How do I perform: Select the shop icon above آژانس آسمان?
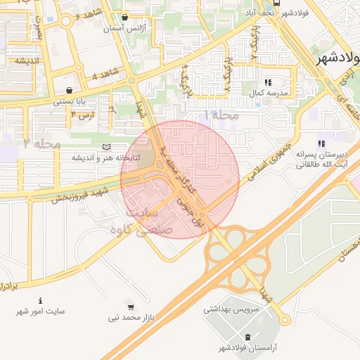[125, 18]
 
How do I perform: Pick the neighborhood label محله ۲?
[42, 143]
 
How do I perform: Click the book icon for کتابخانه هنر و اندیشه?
[106, 146]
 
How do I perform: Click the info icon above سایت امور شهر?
[40, 300]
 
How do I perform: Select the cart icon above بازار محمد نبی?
[131, 307]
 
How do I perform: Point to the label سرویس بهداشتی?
[232, 309]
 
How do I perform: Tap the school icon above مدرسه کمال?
[269, 82]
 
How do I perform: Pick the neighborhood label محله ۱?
[222, 115]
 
